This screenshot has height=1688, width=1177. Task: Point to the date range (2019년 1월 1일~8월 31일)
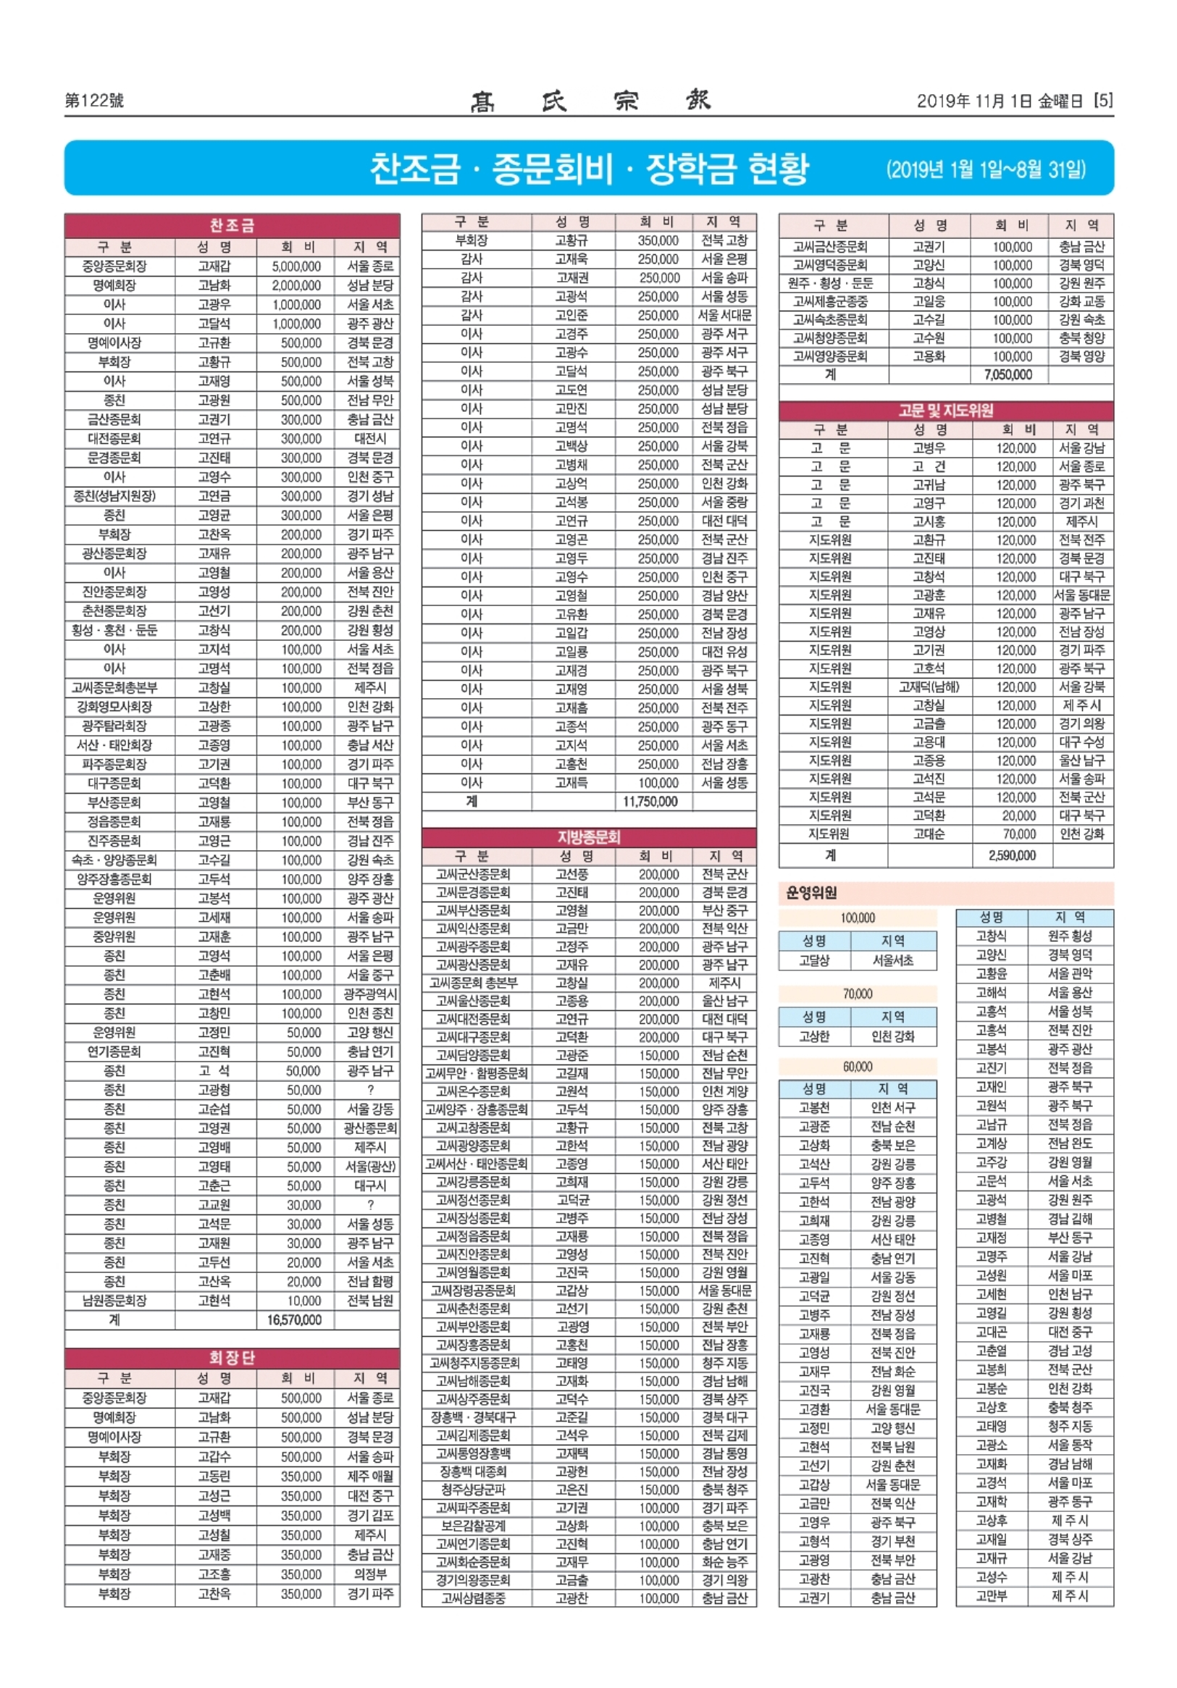click(x=985, y=171)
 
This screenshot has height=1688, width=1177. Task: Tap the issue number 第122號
click(x=94, y=101)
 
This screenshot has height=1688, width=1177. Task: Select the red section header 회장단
click(x=232, y=1357)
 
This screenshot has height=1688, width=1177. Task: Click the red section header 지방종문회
click(x=588, y=836)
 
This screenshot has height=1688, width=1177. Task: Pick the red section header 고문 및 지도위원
click(x=945, y=411)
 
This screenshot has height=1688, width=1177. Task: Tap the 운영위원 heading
click(x=811, y=893)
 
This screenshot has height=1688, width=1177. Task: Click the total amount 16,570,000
click(x=294, y=1319)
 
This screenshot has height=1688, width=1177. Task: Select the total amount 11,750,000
click(x=650, y=802)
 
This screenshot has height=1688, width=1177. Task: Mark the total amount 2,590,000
click(x=1012, y=855)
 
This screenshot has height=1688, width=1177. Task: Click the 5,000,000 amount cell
click(x=296, y=266)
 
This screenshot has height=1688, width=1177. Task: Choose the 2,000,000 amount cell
click(x=296, y=285)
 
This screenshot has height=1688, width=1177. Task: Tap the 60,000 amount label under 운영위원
click(x=857, y=1066)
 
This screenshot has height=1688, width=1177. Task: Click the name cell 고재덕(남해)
click(x=929, y=686)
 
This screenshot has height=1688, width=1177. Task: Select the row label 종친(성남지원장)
click(x=114, y=496)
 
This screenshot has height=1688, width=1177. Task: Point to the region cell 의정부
click(x=370, y=1574)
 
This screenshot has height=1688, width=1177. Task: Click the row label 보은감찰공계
click(x=473, y=1526)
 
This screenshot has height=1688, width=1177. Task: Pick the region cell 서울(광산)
click(x=370, y=1167)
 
